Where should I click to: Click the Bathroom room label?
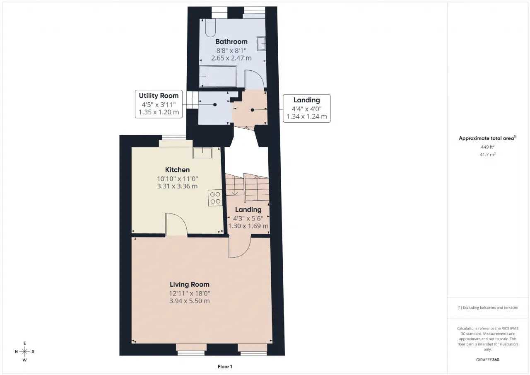[231, 42]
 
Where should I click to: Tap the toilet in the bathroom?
[210, 28]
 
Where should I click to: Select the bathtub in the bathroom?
[218, 76]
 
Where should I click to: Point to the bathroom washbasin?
[261, 44]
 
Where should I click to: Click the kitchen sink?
[202, 153]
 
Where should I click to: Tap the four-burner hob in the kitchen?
[215, 198]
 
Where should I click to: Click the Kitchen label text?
[177, 170]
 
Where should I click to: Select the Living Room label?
[190, 284]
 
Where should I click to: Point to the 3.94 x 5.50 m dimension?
[190, 301]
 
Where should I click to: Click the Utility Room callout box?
[159, 104]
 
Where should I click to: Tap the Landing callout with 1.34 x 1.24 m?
[307, 109]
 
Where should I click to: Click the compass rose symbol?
[24, 351]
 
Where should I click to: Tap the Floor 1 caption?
[225, 366]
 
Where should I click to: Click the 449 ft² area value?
[487, 147]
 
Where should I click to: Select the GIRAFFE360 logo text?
[487, 360]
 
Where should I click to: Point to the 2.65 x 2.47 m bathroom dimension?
[231, 58]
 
